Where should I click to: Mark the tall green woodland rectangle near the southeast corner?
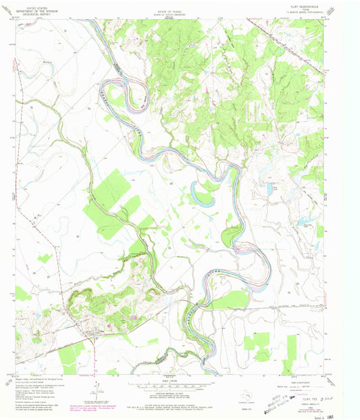(x=292, y=350)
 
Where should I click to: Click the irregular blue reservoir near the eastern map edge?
(x=302, y=221)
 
